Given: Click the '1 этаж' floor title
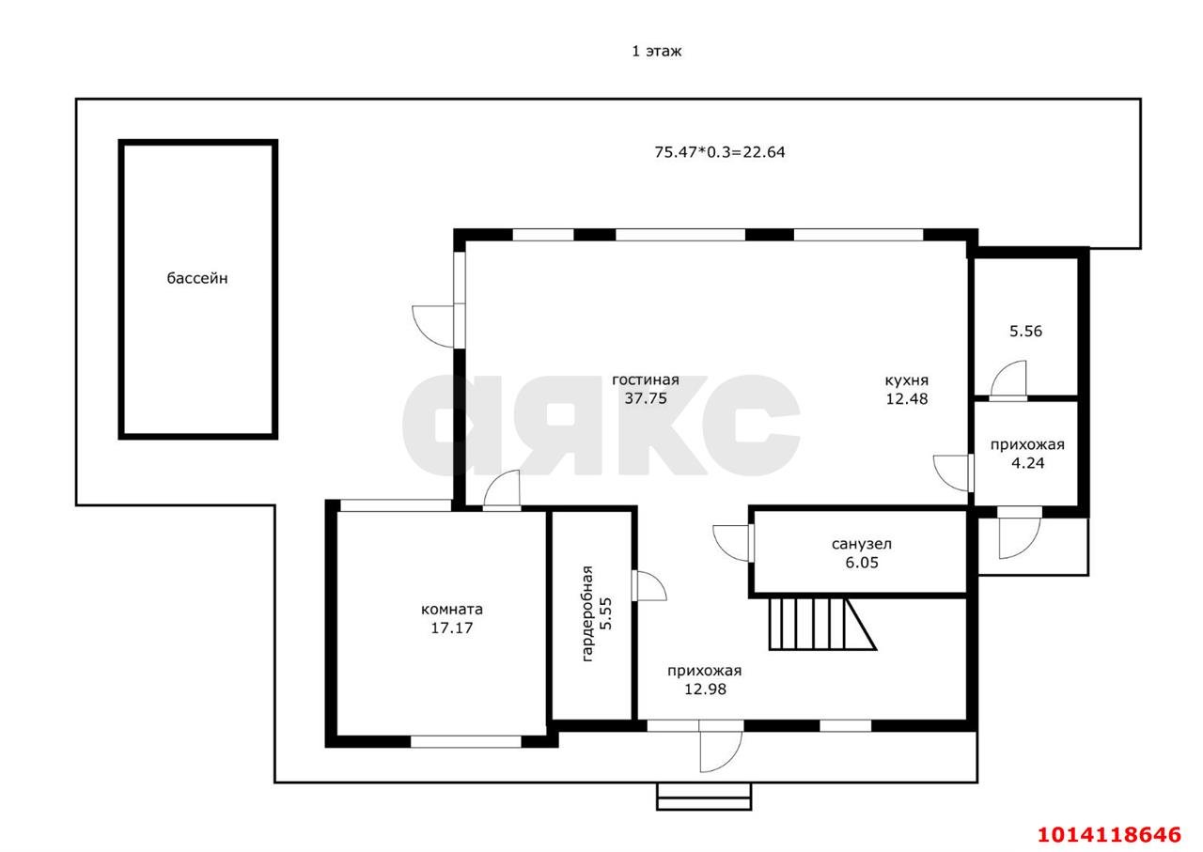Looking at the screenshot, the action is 656,51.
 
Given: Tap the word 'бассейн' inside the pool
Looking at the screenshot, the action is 197,278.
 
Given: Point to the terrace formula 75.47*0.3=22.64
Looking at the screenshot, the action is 720,152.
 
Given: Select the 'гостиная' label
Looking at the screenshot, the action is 646,380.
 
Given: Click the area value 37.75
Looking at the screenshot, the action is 646,398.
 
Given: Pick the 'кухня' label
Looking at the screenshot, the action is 907,380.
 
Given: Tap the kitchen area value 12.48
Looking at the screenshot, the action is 907,399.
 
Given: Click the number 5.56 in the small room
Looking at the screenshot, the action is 1025,332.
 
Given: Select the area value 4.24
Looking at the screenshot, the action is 1028,463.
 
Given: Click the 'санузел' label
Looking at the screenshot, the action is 862,544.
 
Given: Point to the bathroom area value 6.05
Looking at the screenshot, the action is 862,563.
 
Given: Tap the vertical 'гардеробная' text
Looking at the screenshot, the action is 587,613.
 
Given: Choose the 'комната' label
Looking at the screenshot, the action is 452,610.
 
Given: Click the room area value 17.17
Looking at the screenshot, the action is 452,628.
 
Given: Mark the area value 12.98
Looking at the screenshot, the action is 705,689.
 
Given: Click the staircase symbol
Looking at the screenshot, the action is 821,625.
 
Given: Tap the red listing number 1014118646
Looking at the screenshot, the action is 1110,834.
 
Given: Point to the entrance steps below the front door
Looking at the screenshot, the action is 704,797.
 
